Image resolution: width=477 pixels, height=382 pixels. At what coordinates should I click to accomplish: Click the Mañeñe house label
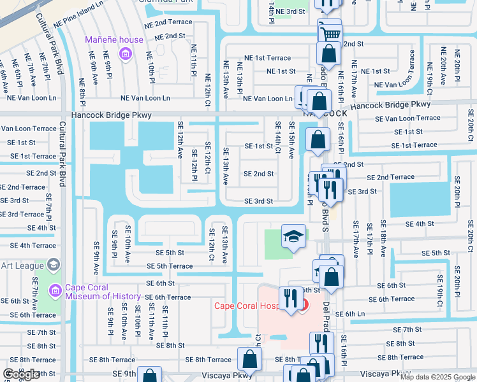(114, 40)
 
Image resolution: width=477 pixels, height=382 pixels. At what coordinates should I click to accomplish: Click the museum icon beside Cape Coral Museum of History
(55, 291)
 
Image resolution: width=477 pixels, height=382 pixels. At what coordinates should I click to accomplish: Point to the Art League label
(19, 264)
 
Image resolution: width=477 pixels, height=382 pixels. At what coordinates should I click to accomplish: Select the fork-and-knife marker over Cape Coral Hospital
(290, 297)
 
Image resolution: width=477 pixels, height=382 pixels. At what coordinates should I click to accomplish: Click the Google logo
(21, 374)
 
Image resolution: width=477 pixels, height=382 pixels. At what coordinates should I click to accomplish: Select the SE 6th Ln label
(364, 314)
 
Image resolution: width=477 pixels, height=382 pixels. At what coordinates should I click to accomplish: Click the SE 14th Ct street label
(277, 138)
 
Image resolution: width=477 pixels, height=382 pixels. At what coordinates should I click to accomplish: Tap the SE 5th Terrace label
(170, 266)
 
